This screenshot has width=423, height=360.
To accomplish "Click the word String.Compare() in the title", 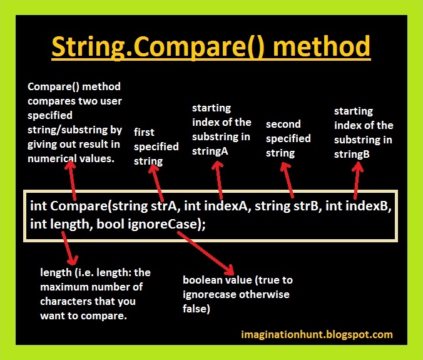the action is point(158,46).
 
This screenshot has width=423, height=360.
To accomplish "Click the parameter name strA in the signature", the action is point(164,206).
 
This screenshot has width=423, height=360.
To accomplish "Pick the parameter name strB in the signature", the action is point(306,206).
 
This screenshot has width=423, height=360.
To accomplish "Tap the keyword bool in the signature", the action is point(110,224).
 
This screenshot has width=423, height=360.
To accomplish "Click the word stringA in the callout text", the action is point(210,152).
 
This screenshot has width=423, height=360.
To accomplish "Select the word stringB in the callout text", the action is point(352,155).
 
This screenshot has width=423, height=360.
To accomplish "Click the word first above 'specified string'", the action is point(144,132).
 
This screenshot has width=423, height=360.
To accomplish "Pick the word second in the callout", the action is point(283,124).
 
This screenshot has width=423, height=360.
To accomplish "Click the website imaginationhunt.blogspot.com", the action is point(317,334).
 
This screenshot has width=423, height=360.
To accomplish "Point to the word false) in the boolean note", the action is point(196,309).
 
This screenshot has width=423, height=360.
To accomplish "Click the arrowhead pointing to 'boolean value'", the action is point(229,270).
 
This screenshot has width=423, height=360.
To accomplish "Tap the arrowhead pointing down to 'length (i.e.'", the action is point(72,260).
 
